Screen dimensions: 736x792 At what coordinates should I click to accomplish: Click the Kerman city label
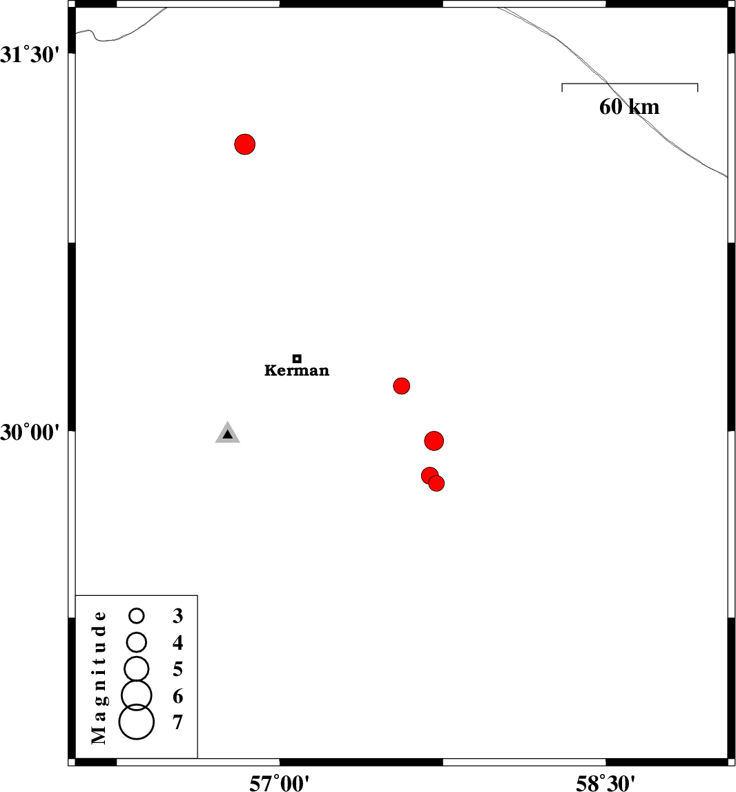click(x=296, y=370)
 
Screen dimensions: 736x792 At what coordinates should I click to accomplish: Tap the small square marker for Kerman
click(x=297, y=358)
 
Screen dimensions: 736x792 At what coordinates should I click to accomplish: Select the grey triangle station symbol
click(x=227, y=433)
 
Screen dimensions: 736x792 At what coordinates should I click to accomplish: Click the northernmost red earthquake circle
click(x=245, y=144)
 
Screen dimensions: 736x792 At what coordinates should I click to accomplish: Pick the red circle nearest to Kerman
click(x=401, y=386)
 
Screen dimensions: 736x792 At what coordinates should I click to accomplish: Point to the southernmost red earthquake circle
click(x=436, y=483)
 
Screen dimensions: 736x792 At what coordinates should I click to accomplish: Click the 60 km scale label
click(x=630, y=106)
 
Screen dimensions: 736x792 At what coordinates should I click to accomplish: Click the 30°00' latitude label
click(x=30, y=432)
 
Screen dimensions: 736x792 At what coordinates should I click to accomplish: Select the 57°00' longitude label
click(x=280, y=783)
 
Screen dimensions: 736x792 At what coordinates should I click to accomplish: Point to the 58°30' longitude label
click(x=606, y=783)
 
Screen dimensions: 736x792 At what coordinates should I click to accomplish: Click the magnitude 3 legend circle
click(x=137, y=616)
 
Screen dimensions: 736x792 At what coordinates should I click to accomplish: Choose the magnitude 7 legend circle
click(x=137, y=722)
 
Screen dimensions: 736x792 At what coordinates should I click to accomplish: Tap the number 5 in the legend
click(x=178, y=669)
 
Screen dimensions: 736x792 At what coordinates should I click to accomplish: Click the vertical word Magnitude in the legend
click(x=99, y=677)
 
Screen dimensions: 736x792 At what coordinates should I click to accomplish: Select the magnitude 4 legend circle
click(x=137, y=642)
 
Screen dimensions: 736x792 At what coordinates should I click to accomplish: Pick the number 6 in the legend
click(x=178, y=696)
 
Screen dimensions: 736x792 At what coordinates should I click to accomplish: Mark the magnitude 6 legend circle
click(x=137, y=695)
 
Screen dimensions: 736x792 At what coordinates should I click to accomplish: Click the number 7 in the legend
click(x=178, y=722)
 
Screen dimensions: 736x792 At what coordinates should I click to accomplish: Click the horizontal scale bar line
click(x=630, y=84)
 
